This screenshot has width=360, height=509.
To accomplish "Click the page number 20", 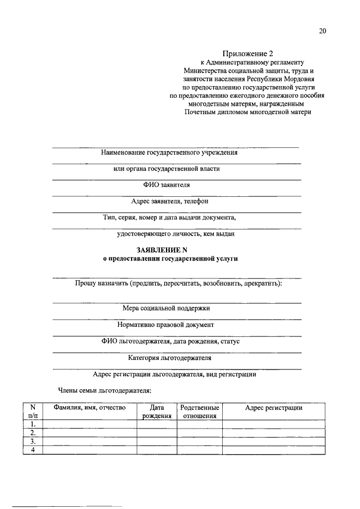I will [322, 31].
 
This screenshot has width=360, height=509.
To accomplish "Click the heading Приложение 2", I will [247, 53].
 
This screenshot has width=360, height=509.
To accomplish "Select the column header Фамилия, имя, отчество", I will [89, 407].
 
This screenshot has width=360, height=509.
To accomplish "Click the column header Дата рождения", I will [157, 412].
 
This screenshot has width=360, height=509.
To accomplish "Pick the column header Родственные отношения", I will [200, 412].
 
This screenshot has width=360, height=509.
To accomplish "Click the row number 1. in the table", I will [33, 424].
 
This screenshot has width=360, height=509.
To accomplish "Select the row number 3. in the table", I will [33, 442].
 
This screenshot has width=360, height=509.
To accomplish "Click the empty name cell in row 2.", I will [90, 433].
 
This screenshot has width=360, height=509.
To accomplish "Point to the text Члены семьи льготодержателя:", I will [105, 390].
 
